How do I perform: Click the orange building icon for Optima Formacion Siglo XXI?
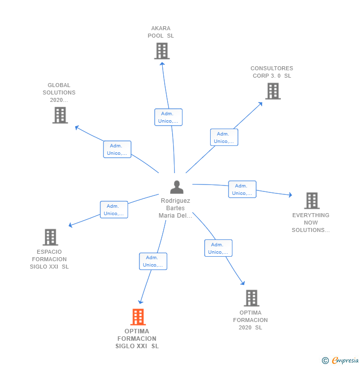point(138,317)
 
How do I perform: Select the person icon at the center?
point(177,187)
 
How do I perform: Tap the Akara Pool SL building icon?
point(162,51)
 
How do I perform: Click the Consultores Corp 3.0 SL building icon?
point(273,91)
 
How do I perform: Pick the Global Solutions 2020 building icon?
point(60,115)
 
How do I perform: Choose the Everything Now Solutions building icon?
point(312,200)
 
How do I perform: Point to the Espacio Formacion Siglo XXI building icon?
point(50,237)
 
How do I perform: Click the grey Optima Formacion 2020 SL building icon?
point(252,298)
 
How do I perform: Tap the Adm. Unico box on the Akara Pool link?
point(168,117)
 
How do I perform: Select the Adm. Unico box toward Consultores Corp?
point(224,137)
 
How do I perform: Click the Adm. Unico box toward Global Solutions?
point(117,149)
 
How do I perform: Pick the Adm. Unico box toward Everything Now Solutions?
point(242,189)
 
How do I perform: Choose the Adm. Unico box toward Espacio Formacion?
point(114,210)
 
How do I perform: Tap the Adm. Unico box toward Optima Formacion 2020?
point(218,248)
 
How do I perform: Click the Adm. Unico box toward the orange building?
point(153,261)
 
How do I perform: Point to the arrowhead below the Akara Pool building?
point(162,64)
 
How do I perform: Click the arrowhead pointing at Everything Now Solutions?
point(290,195)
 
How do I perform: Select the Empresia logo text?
point(345,360)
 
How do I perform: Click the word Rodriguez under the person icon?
point(176,201)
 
